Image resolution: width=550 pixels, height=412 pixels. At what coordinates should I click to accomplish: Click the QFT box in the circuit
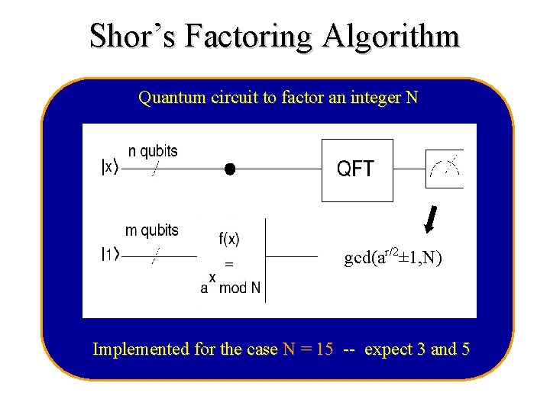357,169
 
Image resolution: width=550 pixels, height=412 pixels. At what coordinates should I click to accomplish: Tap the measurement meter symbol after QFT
445,169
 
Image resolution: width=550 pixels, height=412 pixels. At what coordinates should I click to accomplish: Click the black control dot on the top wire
229,169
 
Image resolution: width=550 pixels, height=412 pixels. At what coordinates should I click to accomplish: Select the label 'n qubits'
153,151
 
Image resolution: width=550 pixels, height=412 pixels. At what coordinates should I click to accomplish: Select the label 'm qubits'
151,230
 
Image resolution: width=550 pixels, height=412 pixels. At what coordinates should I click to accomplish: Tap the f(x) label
229,239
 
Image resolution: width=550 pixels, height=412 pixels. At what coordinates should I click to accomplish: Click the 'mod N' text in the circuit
240,288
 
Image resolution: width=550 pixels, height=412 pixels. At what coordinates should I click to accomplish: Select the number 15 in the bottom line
325,349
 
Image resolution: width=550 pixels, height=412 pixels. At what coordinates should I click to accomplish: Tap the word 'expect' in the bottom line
388,350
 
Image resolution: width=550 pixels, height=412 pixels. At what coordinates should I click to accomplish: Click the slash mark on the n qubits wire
154,170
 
